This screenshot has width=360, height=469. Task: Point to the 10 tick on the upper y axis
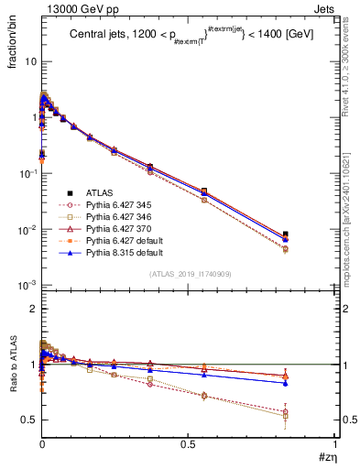tap(29, 61)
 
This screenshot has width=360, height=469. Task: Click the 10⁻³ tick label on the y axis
tap(27, 285)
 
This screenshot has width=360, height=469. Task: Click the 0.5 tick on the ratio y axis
tap(27, 420)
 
